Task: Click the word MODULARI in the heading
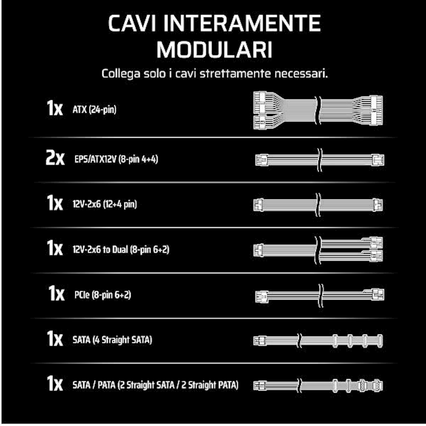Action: tap(214, 50)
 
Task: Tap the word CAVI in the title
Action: tap(132, 24)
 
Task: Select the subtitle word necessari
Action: tap(301, 73)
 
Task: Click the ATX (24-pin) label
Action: tap(94, 109)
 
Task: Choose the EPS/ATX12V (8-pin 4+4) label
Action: tap(116, 159)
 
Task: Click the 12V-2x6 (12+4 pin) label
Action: tap(104, 204)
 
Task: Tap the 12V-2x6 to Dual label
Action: tap(121, 250)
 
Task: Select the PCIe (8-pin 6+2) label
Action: tap(103, 295)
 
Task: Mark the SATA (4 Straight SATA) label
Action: tap(112, 340)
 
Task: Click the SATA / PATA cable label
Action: tap(156, 385)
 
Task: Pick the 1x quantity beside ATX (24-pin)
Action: tap(54, 108)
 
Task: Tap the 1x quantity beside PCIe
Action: tap(57, 293)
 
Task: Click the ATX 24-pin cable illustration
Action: tap(318, 110)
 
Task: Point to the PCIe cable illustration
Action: tap(320, 295)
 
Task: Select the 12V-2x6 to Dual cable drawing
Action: tap(318, 250)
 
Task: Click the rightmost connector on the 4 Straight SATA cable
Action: tap(380, 341)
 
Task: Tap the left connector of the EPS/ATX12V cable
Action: tap(262, 160)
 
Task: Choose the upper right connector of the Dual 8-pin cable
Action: tap(376, 242)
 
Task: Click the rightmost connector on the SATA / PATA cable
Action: tap(377, 386)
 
